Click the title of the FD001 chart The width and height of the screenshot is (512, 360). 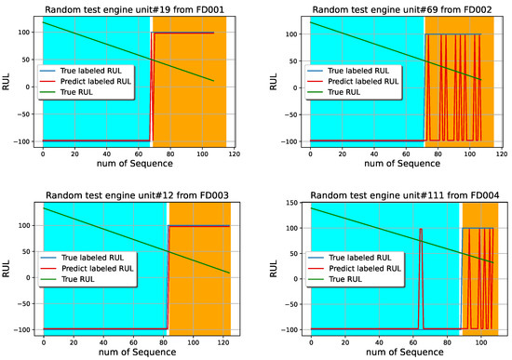coord(135,9)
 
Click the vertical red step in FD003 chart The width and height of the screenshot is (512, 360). coord(168,279)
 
